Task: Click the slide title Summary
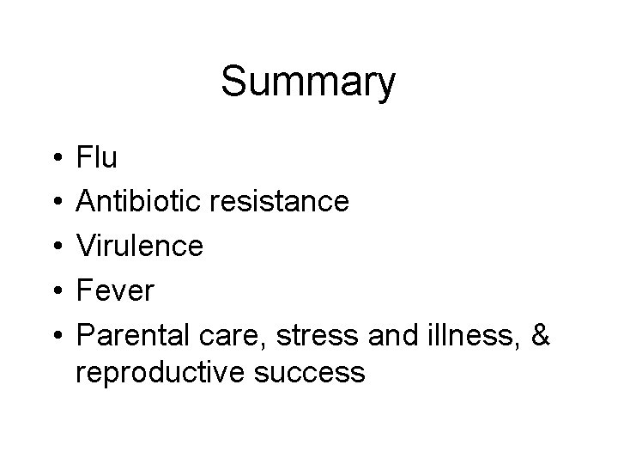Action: pyautogui.click(x=308, y=83)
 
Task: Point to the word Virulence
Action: pyautogui.click(x=140, y=246)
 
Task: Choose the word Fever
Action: pyautogui.click(x=115, y=290)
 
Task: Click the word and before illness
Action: pyautogui.click(x=391, y=335)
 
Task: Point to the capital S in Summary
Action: pyautogui.click(x=234, y=83)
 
